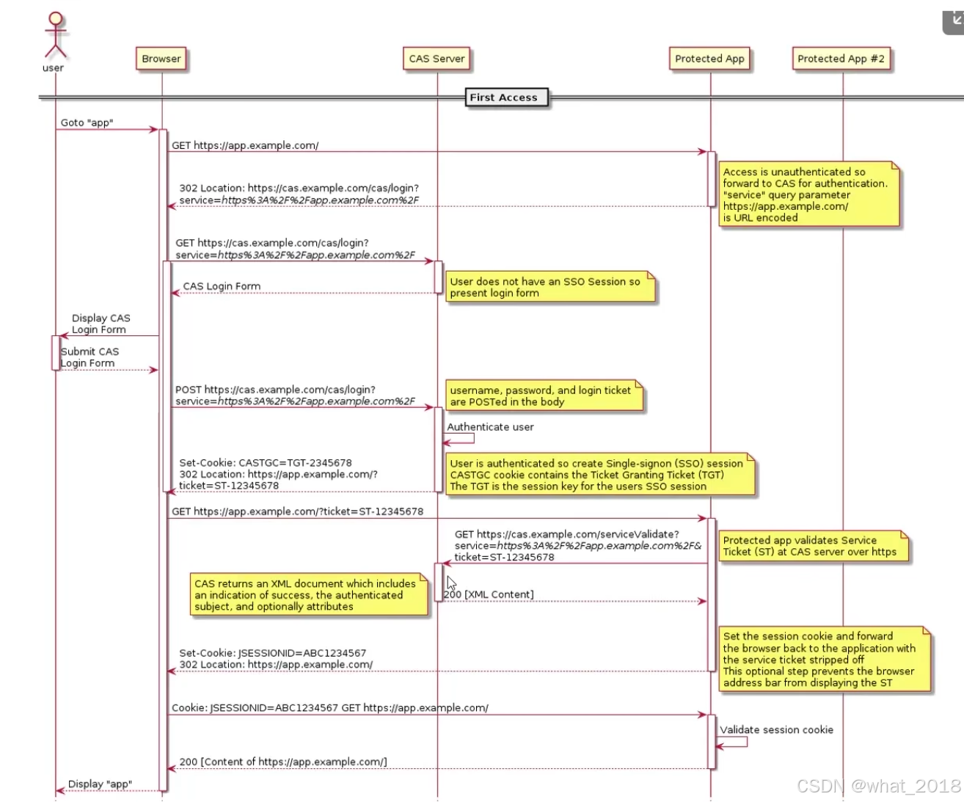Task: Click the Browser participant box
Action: click(x=161, y=59)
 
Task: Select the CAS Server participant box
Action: click(x=437, y=59)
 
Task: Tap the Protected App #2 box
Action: click(x=841, y=59)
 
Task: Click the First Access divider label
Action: click(x=503, y=98)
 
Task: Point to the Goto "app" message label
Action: click(x=87, y=123)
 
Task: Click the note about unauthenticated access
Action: click(x=808, y=194)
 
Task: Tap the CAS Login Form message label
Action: click(x=222, y=286)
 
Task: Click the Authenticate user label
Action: click(x=490, y=427)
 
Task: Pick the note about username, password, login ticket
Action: click(x=544, y=396)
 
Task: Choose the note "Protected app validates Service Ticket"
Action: click(x=811, y=546)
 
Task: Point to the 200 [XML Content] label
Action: click(x=489, y=594)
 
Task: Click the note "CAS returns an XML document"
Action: click(x=307, y=595)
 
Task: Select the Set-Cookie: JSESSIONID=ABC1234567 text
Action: click(x=272, y=653)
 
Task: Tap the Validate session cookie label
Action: click(x=776, y=730)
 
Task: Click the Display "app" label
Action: click(x=100, y=784)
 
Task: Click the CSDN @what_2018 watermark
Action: click(x=878, y=787)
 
